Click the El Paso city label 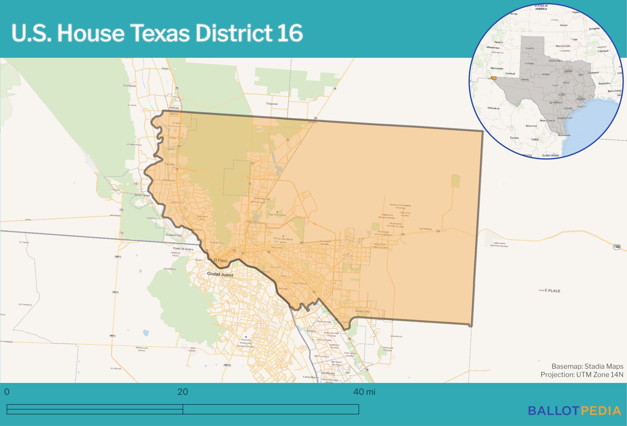220,261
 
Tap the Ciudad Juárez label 220,274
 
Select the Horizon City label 362,311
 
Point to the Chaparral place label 272,104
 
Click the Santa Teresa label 142,195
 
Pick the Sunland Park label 174,235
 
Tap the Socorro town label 311,331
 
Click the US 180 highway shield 617,247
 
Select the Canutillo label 170,164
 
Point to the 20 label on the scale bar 182,392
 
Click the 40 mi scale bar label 364,392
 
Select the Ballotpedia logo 574,411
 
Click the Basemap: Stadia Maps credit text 587,366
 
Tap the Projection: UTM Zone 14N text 582,375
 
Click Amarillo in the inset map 530,48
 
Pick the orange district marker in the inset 493,78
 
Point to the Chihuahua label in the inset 493,108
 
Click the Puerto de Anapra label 183,249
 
